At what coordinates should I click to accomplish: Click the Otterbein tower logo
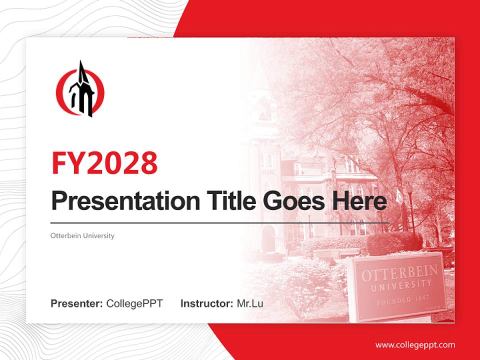(80, 90)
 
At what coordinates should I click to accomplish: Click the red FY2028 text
(104, 162)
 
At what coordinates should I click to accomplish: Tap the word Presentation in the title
(118, 201)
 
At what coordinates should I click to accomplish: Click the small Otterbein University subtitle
(82, 235)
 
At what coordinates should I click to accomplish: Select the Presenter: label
(77, 303)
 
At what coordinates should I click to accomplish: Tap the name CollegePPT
(134, 303)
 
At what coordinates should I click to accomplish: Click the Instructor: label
(207, 303)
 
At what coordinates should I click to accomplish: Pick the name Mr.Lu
(250, 303)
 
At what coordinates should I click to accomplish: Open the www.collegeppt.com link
(415, 345)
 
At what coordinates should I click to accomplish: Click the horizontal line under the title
(220, 222)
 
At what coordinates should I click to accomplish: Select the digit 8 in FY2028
(148, 162)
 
